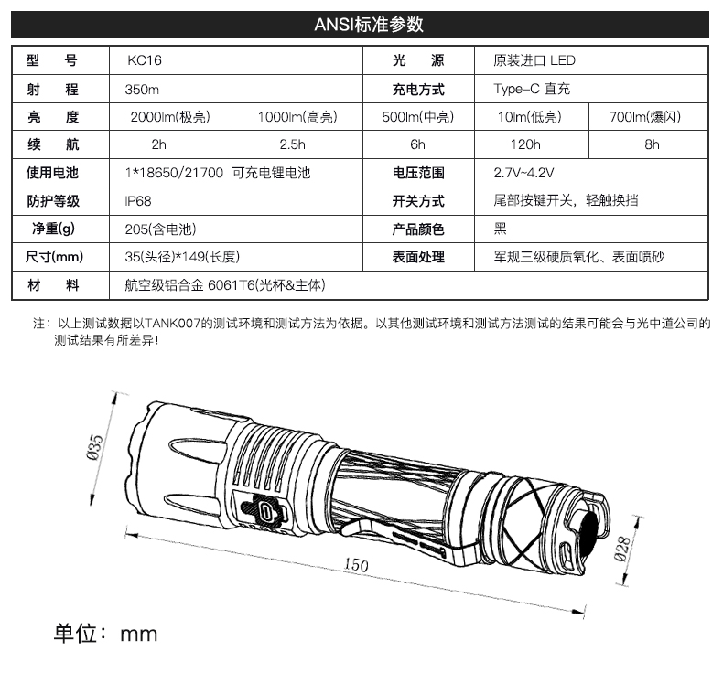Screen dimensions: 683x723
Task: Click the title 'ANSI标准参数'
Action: (x=361, y=25)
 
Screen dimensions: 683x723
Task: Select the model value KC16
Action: (x=146, y=61)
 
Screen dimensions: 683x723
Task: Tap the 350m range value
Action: (x=142, y=90)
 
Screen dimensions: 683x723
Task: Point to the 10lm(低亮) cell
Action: (x=529, y=117)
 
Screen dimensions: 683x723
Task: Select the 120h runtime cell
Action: (x=529, y=144)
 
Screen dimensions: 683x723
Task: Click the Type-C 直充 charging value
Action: (x=531, y=90)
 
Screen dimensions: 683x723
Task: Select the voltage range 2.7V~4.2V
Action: (x=523, y=173)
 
